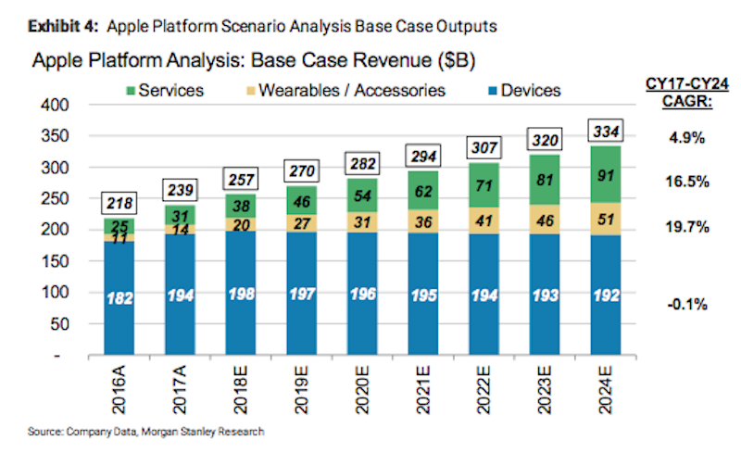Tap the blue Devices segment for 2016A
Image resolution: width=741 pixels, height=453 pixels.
pyautogui.click(x=119, y=296)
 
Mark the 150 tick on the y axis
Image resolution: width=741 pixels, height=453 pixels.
pyautogui.click(x=57, y=261)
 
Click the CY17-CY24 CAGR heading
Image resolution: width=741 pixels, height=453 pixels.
pyautogui.click(x=682, y=94)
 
